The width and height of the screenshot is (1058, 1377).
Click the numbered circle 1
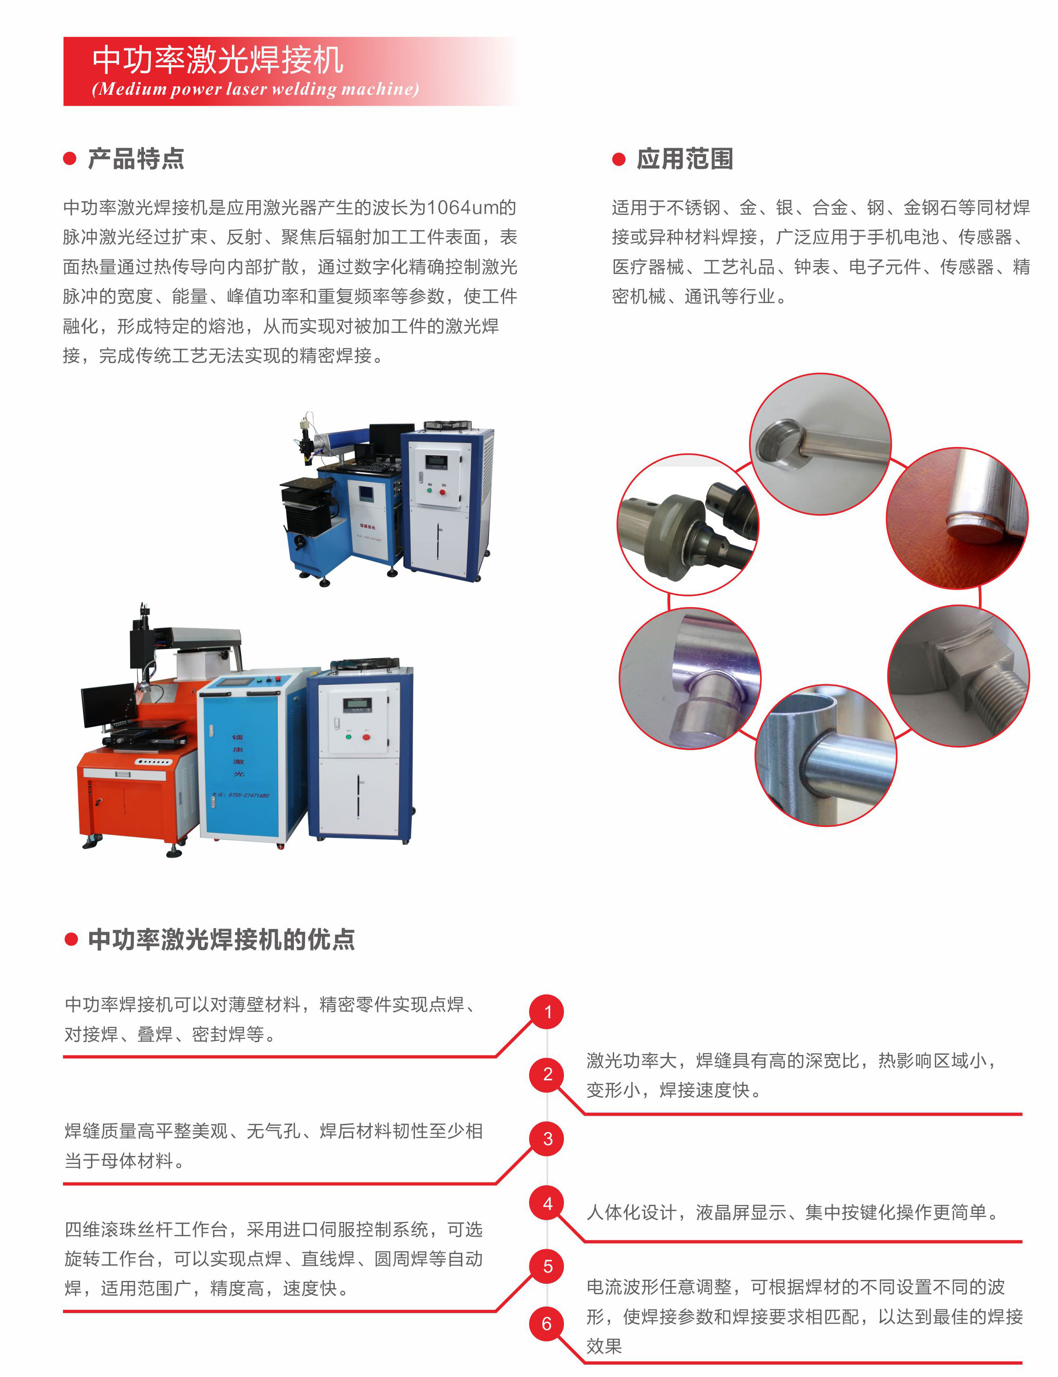pyautogui.click(x=547, y=1012)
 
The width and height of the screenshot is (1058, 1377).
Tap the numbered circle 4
pyautogui.click(x=547, y=1203)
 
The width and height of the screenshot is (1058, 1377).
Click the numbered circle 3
pyautogui.click(x=547, y=1138)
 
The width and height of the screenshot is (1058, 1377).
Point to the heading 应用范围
pyautogui.click(x=684, y=159)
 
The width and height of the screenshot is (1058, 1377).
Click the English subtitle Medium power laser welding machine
pyautogui.click(x=255, y=89)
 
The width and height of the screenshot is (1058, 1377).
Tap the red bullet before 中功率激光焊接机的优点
pyautogui.click(x=71, y=940)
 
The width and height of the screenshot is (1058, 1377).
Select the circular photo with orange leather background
pyautogui.click(x=957, y=518)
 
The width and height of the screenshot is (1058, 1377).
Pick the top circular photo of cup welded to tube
pyautogui.click(x=820, y=444)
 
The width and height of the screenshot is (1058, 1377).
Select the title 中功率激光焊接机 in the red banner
pyautogui.click(x=218, y=60)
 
